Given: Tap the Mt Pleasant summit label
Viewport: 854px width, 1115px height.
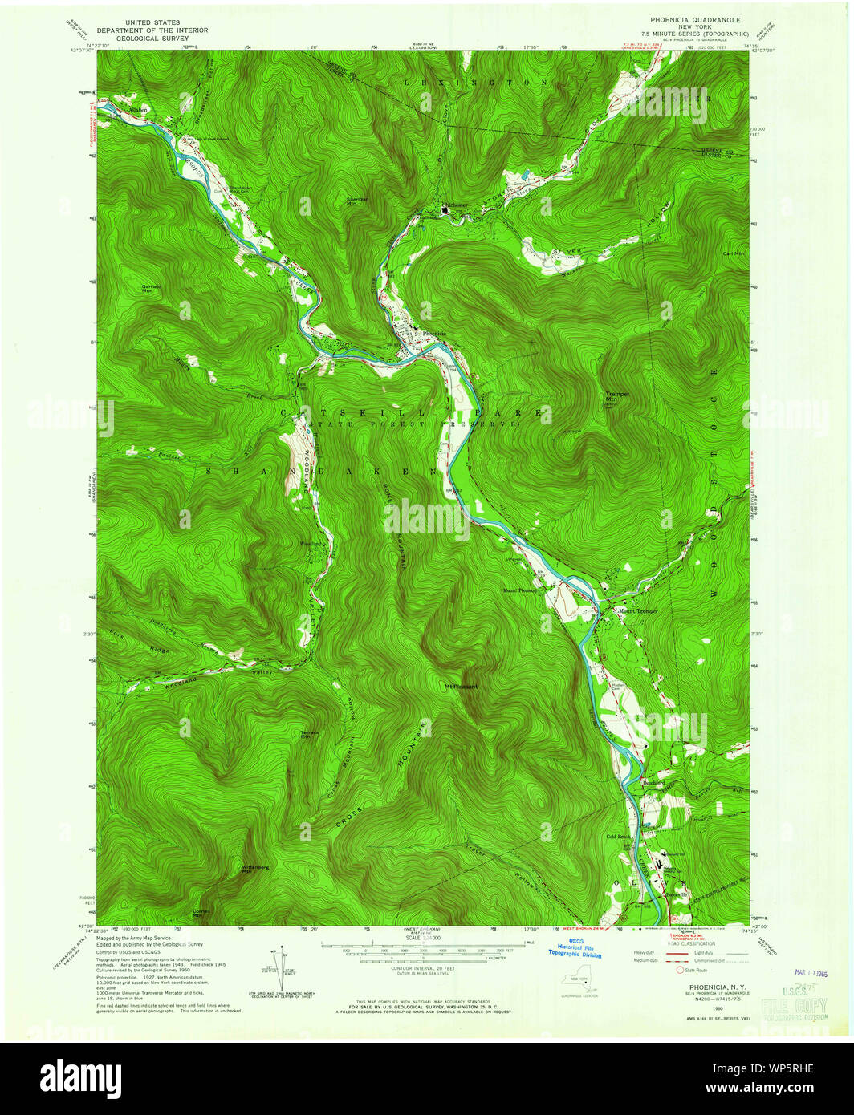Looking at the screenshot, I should coord(461,687).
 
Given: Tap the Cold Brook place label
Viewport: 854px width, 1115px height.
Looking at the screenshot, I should coord(618,836).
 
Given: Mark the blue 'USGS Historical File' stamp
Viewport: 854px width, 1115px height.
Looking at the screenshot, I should coord(575,948).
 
